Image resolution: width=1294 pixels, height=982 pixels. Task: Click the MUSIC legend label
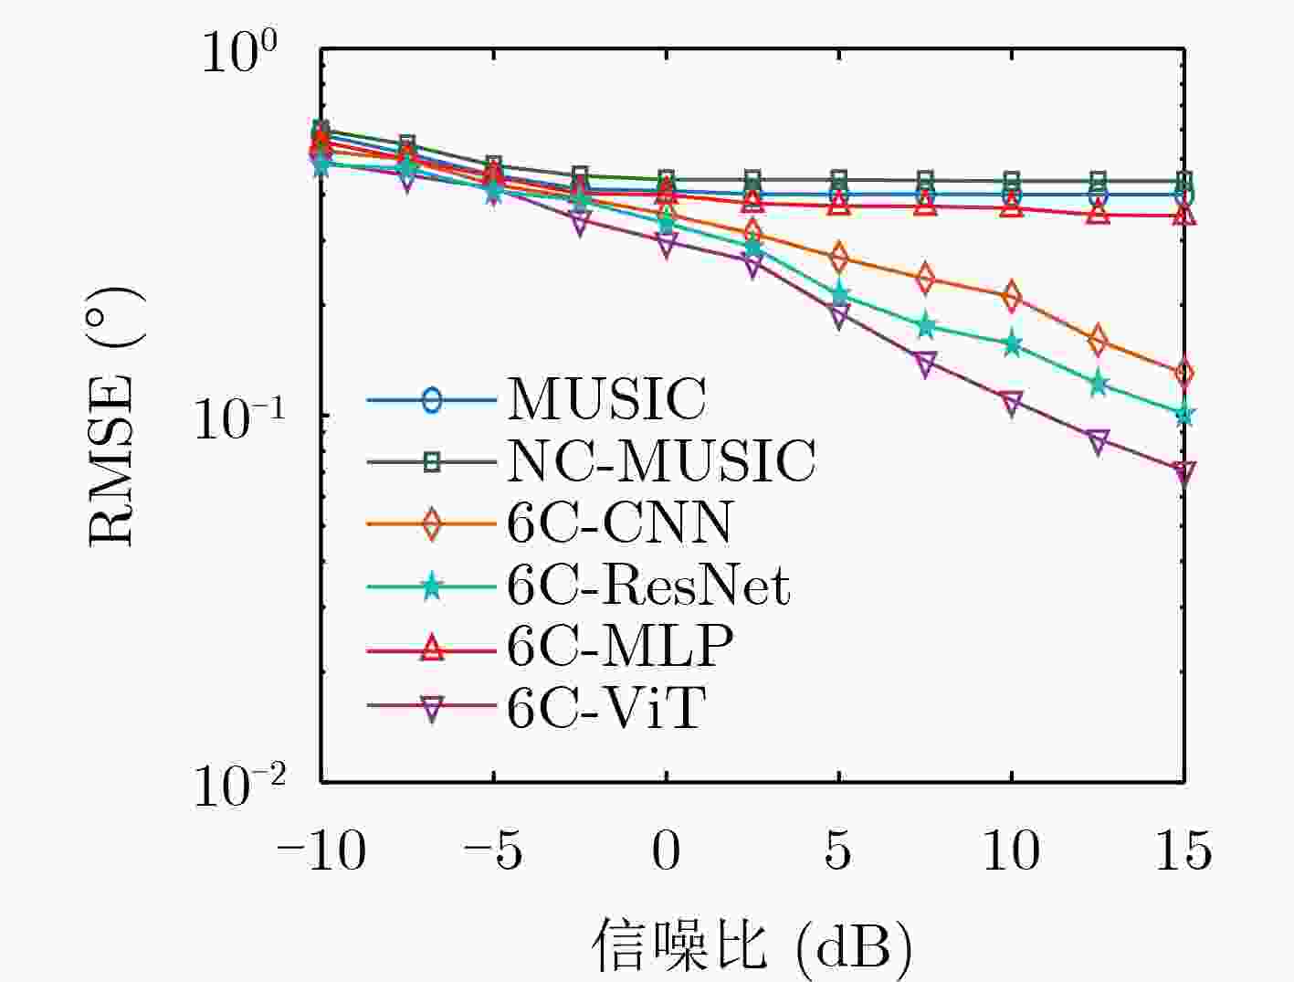tap(607, 398)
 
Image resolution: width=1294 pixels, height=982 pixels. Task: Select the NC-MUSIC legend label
tap(661, 460)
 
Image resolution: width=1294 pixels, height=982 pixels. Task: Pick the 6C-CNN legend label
tap(619, 523)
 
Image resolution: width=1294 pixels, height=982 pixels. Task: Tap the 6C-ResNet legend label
tap(648, 586)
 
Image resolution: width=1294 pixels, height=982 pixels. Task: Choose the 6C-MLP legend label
tap(620, 647)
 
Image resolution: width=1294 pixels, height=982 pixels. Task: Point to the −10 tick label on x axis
tap(321, 850)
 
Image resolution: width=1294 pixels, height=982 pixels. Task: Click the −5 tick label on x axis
tap(493, 850)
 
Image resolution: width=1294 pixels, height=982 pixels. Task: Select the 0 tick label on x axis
tap(666, 850)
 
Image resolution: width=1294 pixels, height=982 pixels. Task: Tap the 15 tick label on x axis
tap(1184, 850)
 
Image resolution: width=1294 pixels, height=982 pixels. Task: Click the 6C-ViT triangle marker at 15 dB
tap(1184, 471)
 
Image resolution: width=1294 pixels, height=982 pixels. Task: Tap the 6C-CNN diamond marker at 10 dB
tap(1012, 296)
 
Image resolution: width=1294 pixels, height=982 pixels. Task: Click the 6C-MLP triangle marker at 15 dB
tap(1184, 215)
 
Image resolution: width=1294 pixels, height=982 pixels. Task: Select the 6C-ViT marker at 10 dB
tap(1012, 403)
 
